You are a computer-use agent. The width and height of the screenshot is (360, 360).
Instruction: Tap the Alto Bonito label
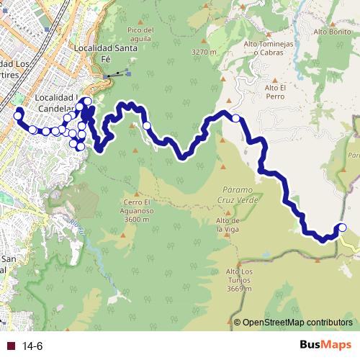point(331,32)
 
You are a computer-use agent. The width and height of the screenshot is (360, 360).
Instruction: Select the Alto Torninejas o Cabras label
point(271,48)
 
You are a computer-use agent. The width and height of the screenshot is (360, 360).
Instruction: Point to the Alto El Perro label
point(275,91)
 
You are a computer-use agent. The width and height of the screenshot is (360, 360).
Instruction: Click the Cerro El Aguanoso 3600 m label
point(135,206)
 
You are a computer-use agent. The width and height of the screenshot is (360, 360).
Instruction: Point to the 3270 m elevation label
point(204,52)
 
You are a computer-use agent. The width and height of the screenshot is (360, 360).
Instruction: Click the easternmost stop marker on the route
point(342,228)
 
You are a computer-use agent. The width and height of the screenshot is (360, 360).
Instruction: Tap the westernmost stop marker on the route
point(18,114)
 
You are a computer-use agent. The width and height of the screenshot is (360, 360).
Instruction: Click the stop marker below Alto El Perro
point(235,118)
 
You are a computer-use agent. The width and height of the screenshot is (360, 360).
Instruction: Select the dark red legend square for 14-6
point(10,346)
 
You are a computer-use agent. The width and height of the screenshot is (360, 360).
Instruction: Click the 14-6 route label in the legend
point(32,346)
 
